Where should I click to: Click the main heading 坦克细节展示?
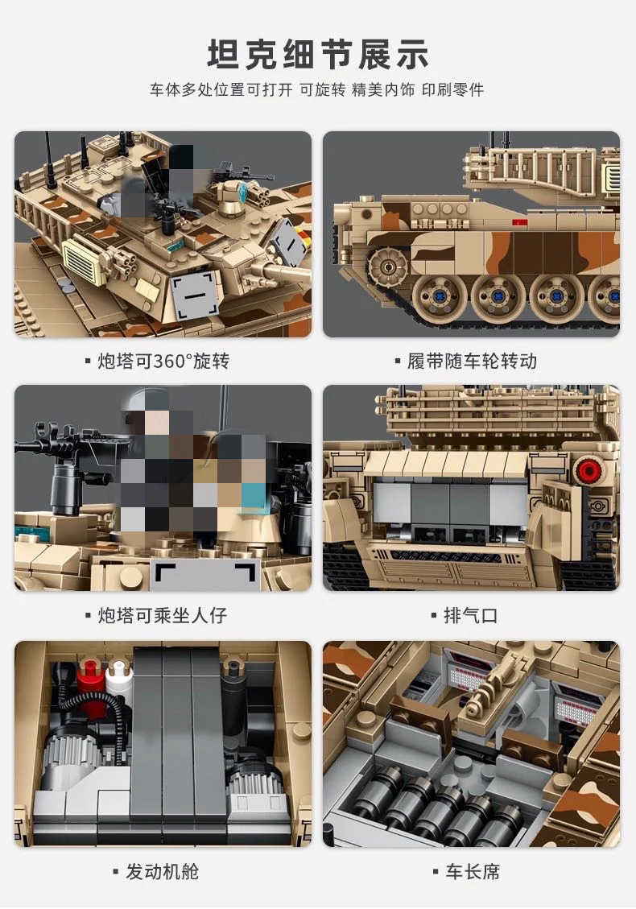[x=318, y=55]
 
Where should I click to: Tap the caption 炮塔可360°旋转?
[x=163, y=362]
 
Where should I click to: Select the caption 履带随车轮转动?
[x=472, y=362]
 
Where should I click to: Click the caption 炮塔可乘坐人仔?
[x=163, y=615]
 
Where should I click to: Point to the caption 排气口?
[x=471, y=615]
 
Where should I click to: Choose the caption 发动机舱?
[x=163, y=871]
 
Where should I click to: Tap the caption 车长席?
[x=473, y=871]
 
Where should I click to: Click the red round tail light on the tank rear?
[x=588, y=471]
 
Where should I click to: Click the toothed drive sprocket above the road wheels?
[x=384, y=265]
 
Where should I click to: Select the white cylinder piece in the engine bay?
[x=118, y=674]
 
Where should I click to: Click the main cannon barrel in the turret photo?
[x=281, y=271]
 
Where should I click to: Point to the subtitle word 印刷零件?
[x=452, y=90]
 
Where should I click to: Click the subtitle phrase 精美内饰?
[x=383, y=90]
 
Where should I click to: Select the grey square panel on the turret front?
[x=198, y=295]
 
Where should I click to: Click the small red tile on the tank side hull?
[x=519, y=222]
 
